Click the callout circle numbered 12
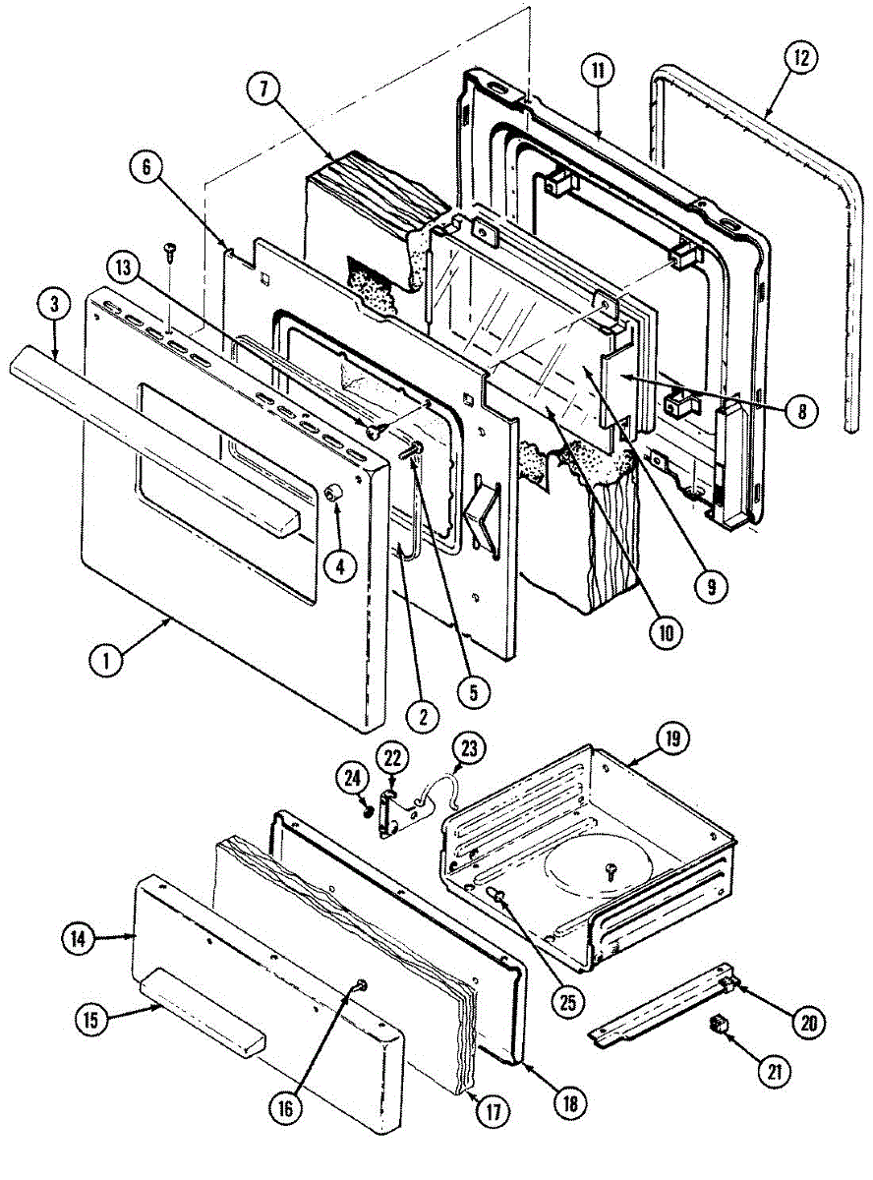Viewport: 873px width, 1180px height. (x=800, y=56)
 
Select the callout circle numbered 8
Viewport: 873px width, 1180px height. (x=801, y=412)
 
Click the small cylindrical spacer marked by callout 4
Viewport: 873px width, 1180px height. (x=332, y=493)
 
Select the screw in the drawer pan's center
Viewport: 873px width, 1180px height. (x=610, y=868)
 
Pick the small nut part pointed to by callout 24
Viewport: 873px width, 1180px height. (x=368, y=809)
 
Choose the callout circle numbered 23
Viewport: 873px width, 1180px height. (x=466, y=749)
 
